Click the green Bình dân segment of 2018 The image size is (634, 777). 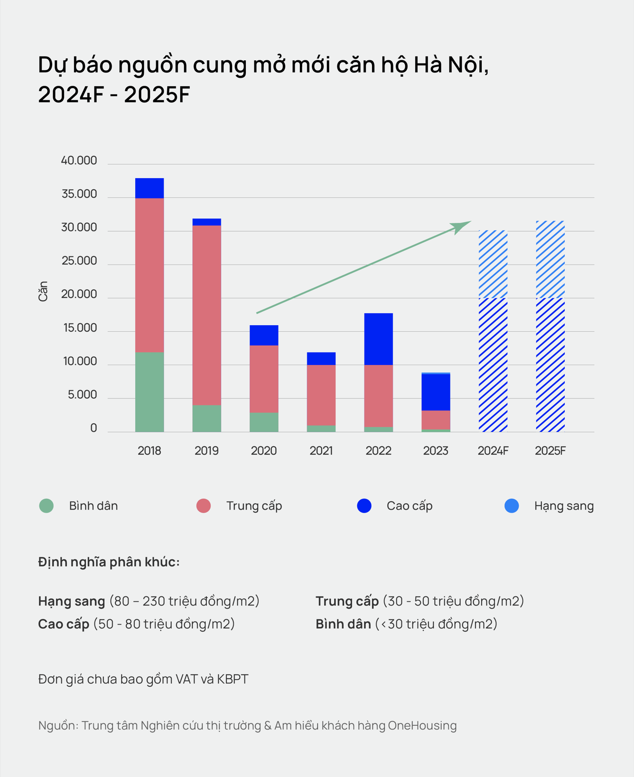point(149,392)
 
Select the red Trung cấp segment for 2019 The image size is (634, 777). point(206,315)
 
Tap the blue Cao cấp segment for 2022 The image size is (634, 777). point(378,339)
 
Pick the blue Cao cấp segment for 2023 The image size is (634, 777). point(436,392)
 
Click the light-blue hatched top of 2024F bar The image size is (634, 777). point(493,264)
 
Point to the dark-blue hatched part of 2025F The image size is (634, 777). point(550,365)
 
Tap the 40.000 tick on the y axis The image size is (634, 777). point(79,161)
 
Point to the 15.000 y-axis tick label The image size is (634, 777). point(80,328)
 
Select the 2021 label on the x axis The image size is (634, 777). point(321,451)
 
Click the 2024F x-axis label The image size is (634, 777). point(493,451)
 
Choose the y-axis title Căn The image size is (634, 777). point(43,291)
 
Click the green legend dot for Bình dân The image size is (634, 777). point(47,506)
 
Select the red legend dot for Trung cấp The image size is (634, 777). point(204,506)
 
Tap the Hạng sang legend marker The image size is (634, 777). point(512,506)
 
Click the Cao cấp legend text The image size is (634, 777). point(410,506)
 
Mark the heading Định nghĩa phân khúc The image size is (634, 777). point(109,562)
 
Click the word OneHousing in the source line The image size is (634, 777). point(422,725)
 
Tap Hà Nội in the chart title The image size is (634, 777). point(450,65)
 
